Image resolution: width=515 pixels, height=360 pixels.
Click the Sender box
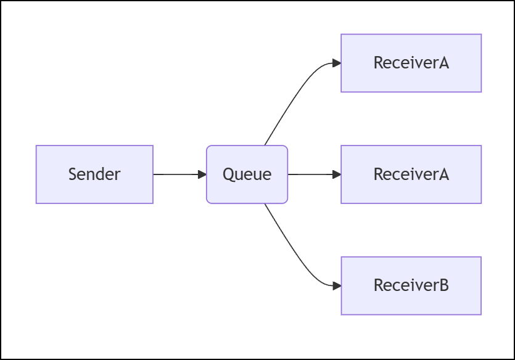94,174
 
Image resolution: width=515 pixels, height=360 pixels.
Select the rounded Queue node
247,174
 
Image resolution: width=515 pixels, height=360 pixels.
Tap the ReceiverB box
411,285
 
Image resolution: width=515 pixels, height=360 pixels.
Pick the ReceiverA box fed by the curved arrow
411,63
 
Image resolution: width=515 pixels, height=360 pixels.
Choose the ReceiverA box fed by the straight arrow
411,174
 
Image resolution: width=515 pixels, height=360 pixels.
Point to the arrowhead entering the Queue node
202,174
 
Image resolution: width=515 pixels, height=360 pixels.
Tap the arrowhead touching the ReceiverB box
337,286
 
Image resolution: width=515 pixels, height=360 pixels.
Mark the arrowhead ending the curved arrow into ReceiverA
337,63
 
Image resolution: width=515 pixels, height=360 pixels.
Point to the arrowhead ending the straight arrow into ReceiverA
337,174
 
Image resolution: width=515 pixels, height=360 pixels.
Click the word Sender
94,174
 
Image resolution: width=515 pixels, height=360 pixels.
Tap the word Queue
247,174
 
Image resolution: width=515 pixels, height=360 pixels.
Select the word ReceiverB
411,285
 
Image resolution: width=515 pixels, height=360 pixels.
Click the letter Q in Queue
228,175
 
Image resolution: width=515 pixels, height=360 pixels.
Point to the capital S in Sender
72,174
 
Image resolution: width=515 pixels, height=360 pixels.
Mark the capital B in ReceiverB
443,285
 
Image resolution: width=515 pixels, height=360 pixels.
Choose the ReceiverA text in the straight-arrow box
411,174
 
